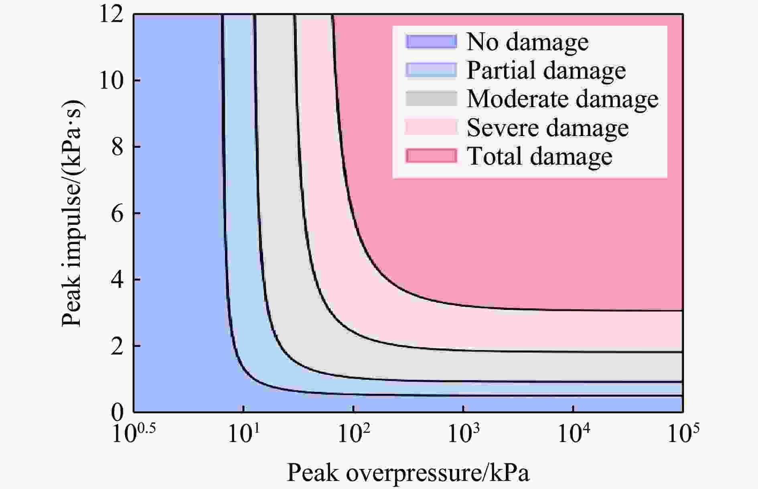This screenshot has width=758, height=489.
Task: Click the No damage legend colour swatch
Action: pyautogui.click(x=431, y=42)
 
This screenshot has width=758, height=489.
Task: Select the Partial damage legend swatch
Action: pyautogui.click(x=431, y=70)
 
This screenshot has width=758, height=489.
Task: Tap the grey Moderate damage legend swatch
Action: pyautogui.click(x=431, y=99)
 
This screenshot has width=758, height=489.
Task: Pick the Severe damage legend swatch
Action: pyautogui.click(x=431, y=127)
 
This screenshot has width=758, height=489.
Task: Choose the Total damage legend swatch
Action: pyautogui.click(x=431, y=156)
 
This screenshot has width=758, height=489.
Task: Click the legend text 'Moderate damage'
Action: pyautogui.click(x=562, y=99)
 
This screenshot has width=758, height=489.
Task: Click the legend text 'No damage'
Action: pyautogui.click(x=527, y=42)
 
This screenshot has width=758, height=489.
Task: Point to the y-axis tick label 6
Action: pyautogui.click(x=118, y=214)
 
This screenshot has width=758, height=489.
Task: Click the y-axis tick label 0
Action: pyautogui.click(x=118, y=412)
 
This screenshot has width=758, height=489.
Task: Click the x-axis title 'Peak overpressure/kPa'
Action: pyautogui.click(x=408, y=473)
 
